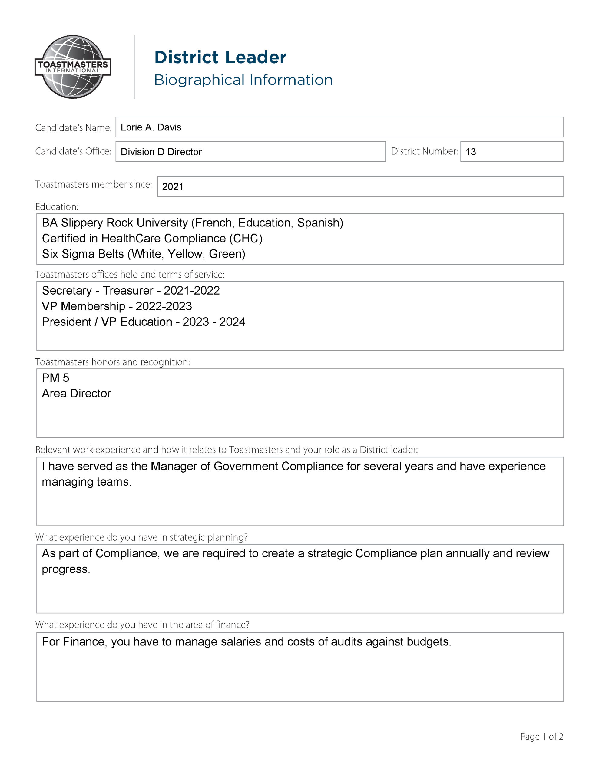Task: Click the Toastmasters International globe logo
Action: (73, 67)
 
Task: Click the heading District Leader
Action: (220, 58)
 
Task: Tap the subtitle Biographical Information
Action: (243, 80)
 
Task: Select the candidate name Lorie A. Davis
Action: (151, 127)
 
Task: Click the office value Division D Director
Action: (161, 152)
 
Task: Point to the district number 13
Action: (471, 152)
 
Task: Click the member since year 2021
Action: (173, 187)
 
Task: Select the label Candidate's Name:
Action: (73, 128)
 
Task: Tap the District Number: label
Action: (424, 151)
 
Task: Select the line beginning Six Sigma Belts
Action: (144, 254)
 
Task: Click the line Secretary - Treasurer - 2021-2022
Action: (131, 291)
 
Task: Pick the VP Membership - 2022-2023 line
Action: (117, 306)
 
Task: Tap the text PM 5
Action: (55, 378)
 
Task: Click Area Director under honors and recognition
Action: (76, 394)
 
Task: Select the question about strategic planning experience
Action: (141, 537)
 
